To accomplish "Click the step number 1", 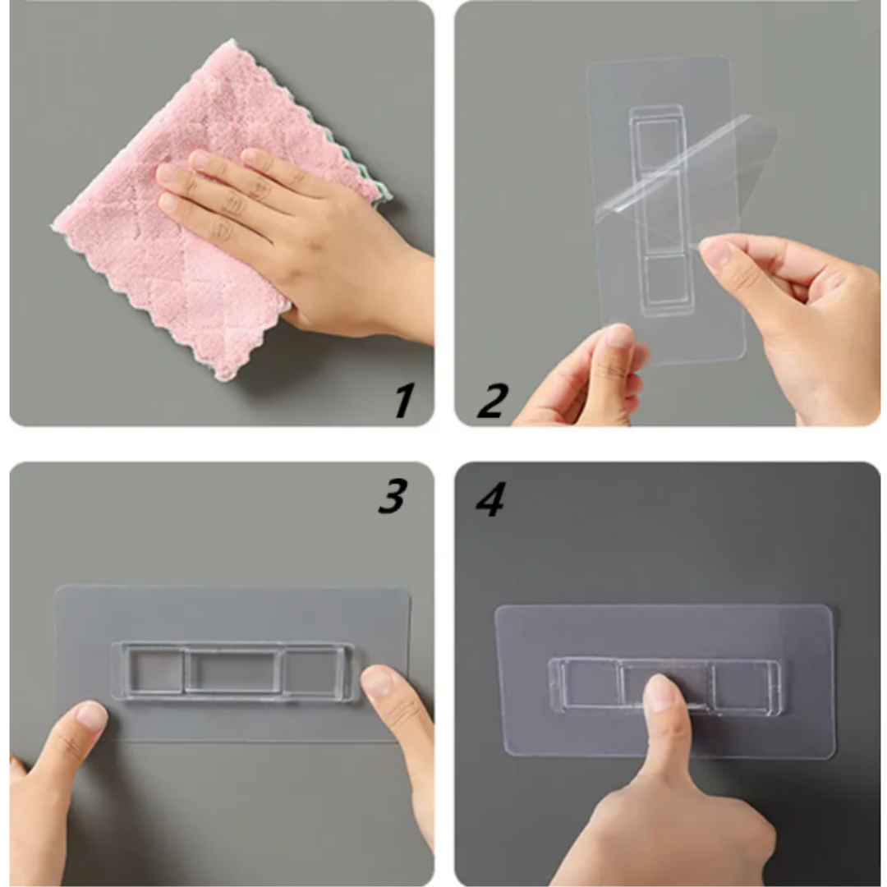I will (x=403, y=400).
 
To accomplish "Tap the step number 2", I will (x=492, y=400).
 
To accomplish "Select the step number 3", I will (x=393, y=496).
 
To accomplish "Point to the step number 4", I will (x=489, y=499).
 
